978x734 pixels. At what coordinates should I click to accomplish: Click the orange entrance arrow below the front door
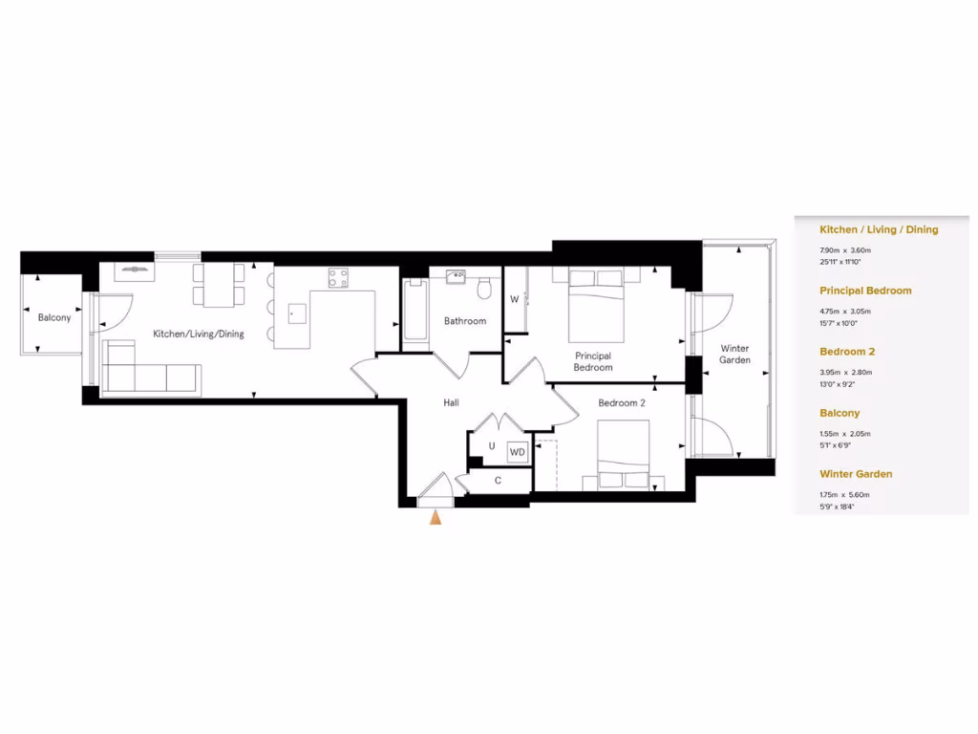(436, 518)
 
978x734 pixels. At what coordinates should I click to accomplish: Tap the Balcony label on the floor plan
(54, 318)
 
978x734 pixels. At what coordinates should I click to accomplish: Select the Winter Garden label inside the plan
(734, 354)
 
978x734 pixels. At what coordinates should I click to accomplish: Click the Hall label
(451, 403)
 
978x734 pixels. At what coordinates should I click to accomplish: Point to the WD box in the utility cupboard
(517, 452)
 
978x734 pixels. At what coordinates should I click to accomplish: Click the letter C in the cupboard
(498, 481)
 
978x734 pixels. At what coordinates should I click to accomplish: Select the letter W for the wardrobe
(514, 299)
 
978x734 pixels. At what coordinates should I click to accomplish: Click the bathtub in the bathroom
(415, 309)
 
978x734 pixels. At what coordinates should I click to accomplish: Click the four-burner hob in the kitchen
(338, 278)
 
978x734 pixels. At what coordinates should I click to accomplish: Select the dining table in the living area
(219, 285)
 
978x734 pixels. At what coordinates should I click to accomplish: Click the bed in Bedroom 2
(623, 456)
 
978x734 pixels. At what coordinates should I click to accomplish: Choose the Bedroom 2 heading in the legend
(846, 352)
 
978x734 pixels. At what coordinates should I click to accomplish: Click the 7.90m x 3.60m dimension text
(845, 249)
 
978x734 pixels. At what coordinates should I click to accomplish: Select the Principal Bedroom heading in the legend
(865, 291)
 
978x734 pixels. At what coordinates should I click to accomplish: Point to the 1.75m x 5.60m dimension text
(845, 494)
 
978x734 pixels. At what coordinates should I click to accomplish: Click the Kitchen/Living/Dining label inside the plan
(199, 335)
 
